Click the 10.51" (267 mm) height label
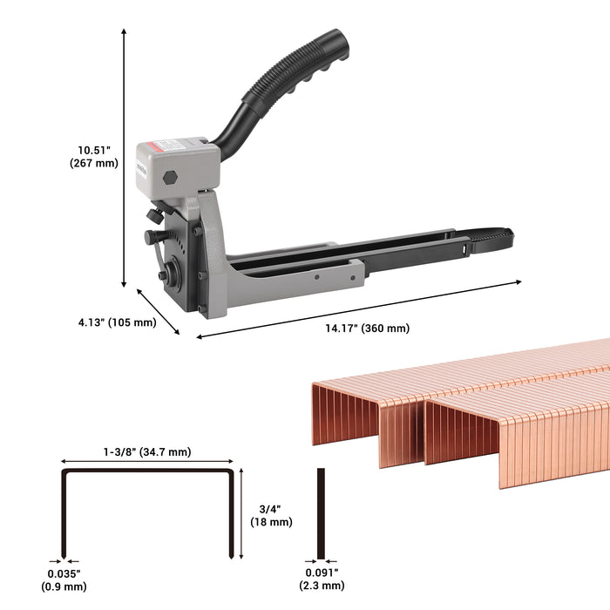point(93,156)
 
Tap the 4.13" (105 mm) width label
point(117,322)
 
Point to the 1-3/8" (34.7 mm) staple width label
point(147,452)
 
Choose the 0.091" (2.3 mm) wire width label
point(322,579)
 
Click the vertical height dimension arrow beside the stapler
point(124,157)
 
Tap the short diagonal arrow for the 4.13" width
point(158,311)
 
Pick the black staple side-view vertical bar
point(321,514)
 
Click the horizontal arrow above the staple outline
point(147,463)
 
